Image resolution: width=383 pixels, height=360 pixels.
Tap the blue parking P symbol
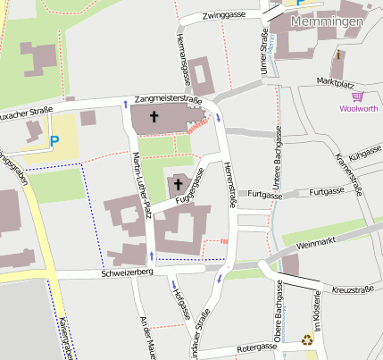point(55,140)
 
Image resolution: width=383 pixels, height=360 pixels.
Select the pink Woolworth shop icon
point(358,96)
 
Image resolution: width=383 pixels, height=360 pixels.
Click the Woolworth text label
point(358,109)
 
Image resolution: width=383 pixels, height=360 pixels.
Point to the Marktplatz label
point(336,82)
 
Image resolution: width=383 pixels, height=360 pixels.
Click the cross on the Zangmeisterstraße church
point(154,117)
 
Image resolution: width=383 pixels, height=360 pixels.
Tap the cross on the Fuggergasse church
point(178,186)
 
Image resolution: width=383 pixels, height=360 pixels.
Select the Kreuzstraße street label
point(352,290)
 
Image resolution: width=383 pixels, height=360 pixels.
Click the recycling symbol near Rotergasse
point(307,339)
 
